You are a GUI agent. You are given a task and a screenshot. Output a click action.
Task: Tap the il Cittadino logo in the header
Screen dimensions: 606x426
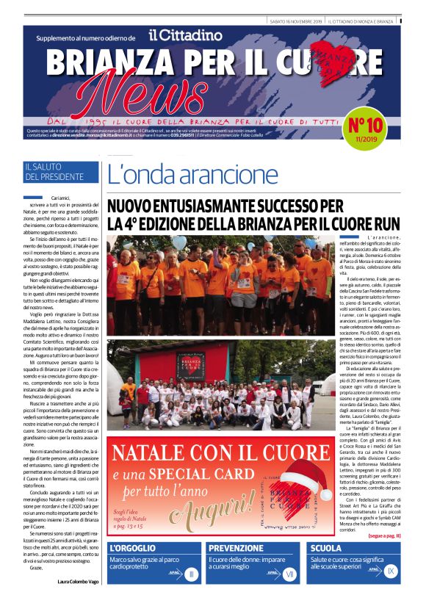pos(184,35)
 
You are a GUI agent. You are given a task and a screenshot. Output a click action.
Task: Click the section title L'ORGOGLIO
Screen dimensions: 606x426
pos(133,548)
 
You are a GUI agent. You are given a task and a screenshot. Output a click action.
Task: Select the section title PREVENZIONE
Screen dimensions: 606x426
pos(236,548)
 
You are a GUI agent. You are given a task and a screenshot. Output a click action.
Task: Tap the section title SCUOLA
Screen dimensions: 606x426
pos(325,548)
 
